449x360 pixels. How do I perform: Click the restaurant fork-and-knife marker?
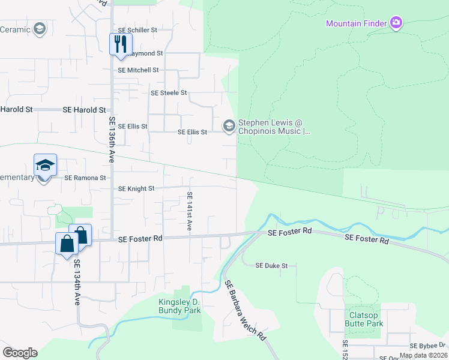click(119, 44)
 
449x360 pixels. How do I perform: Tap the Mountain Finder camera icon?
click(396, 23)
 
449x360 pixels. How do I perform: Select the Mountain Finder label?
click(357, 23)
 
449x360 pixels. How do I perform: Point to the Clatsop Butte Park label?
click(364, 319)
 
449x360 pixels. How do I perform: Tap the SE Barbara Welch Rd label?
click(245, 311)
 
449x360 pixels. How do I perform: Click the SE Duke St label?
click(272, 265)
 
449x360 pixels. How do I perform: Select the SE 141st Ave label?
click(189, 211)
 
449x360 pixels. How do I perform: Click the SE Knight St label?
click(136, 188)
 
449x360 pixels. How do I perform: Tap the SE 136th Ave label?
click(112, 139)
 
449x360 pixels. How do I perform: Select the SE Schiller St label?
click(137, 29)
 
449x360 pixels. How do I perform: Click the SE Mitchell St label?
click(138, 70)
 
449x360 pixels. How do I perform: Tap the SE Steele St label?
click(169, 93)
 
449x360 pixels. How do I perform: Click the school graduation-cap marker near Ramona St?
click(45, 164)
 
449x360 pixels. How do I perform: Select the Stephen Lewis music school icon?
click(229, 125)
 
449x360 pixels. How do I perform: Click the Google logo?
click(20, 353)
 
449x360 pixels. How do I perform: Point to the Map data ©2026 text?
click(423, 355)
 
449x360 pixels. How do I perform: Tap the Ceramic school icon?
click(40, 29)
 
